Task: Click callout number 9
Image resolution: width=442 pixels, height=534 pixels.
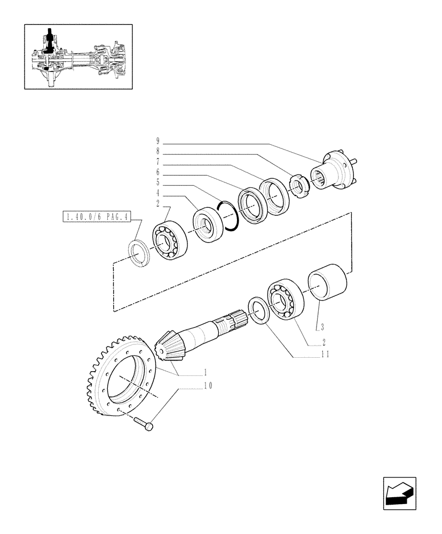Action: click(158, 142)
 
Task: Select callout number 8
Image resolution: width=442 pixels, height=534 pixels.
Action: click(158, 152)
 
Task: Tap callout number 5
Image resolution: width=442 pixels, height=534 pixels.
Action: click(158, 182)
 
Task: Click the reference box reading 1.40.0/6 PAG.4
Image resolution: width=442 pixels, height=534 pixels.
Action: click(94, 217)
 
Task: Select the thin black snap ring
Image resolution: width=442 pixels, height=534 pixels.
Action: click(228, 215)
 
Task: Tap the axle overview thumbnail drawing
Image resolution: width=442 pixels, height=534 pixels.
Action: click(78, 56)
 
